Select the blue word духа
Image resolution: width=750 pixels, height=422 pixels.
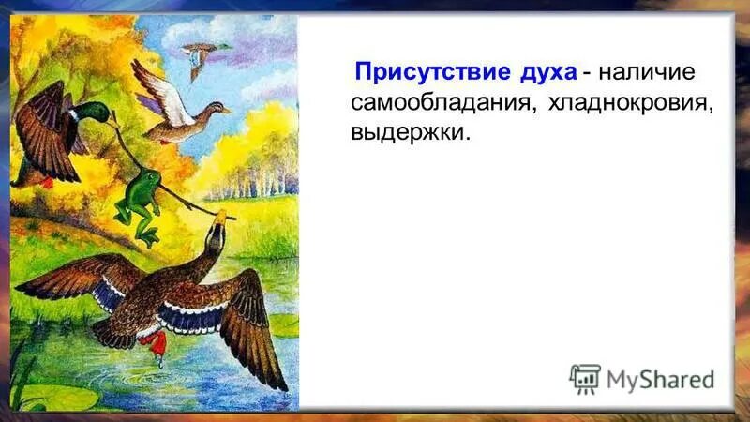tap(544, 72)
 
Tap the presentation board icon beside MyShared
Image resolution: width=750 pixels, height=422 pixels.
tap(585, 378)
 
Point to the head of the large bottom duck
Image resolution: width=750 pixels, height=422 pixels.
tap(215, 234)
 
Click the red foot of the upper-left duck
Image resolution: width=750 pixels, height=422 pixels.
tap(47, 182)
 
